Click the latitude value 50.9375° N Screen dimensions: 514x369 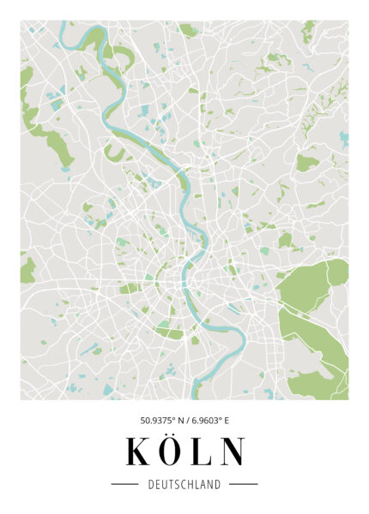point(162,421)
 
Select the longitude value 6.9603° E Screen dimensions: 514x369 point(209,421)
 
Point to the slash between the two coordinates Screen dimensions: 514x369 point(186,421)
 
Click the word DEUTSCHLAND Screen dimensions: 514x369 point(184,485)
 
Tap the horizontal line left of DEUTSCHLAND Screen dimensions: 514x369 point(125,485)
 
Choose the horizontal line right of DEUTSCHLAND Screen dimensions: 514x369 point(244,485)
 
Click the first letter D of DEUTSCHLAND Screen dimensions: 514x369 point(151,485)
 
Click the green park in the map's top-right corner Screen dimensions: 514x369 point(309,33)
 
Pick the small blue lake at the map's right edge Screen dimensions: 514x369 point(344,137)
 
